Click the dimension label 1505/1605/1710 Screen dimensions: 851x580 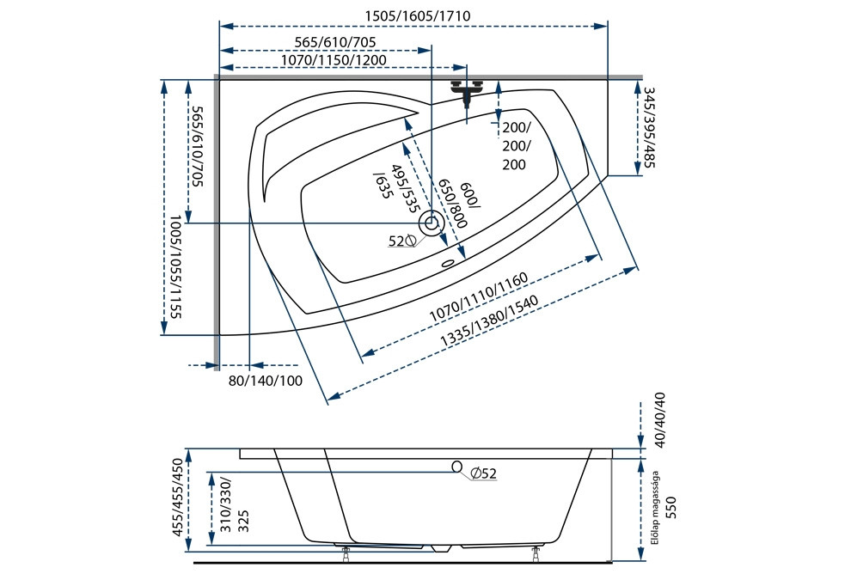point(417,15)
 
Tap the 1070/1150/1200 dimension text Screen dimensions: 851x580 point(334,59)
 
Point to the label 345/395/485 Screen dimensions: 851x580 point(649,127)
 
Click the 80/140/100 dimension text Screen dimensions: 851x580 point(266,381)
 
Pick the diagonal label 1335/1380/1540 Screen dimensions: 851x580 point(489,321)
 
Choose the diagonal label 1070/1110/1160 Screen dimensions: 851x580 point(478,297)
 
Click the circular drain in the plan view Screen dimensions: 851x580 point(432,223)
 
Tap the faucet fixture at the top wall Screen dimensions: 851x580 point(467,90)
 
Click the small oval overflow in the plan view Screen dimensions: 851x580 point(449,264)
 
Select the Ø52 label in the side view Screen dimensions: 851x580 point(484,473)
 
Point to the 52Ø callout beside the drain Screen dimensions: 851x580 point(401,241)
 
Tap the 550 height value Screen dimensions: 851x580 point(671,507)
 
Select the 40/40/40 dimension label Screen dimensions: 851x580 point(660,420)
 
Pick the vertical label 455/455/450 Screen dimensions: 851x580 point(178,498)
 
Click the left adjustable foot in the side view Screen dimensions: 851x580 point(346,554)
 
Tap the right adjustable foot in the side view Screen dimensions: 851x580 point(536,554)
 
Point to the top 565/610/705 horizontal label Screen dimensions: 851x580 point(335,42)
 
